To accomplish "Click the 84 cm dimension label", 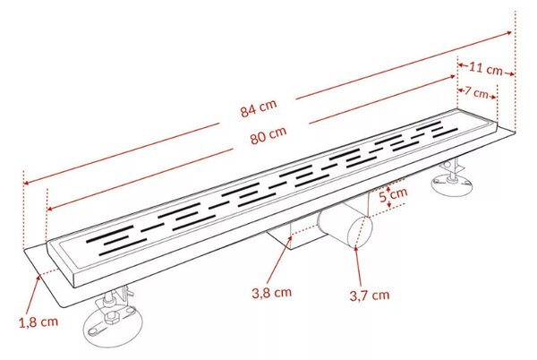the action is coord(259,108).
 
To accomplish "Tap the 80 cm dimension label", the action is coord(268,135).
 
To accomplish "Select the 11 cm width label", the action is coord(485,68).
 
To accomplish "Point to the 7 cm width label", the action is coord(476,92).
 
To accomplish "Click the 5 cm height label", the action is coord(394,194).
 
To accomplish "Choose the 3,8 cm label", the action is coord(271,293).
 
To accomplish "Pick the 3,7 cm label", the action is coord(370,296).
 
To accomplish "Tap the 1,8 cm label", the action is coord(38,322).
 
